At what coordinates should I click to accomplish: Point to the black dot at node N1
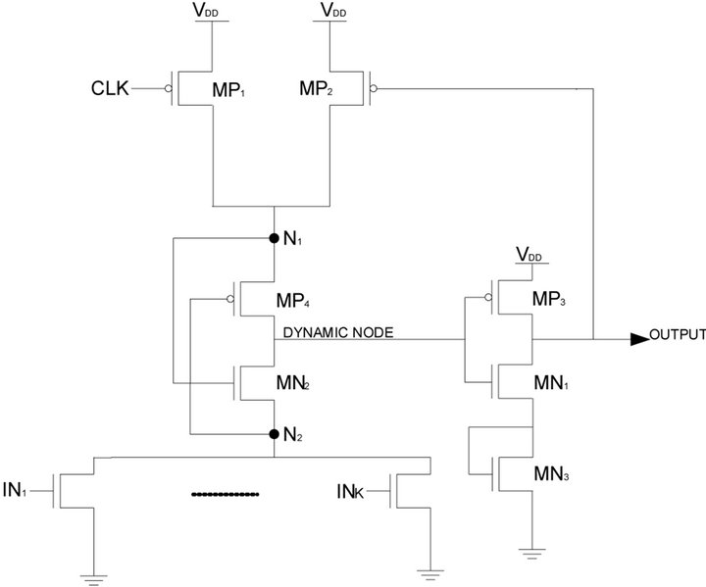click(275, 237)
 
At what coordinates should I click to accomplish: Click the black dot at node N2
click(275, 432)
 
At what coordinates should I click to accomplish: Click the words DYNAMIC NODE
click(338, 333)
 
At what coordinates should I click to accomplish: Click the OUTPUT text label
click(678, 334)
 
